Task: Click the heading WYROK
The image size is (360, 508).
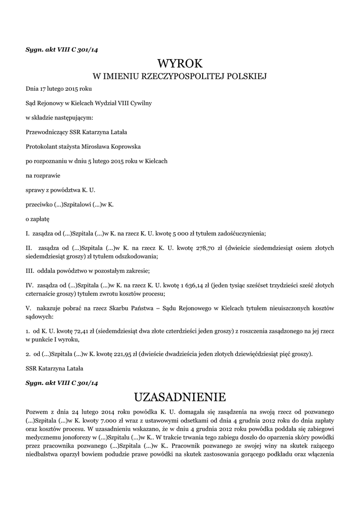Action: tap(180, 63)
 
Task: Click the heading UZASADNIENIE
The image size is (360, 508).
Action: tap(180, 397)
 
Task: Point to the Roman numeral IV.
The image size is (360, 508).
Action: tap(29, 285)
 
